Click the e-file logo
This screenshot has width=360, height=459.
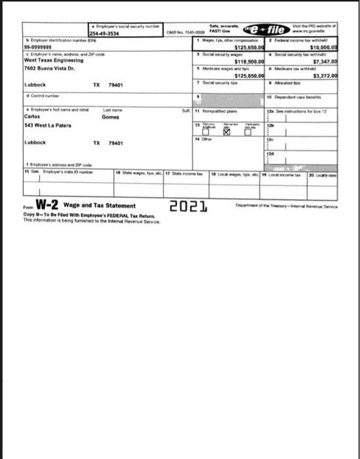point(266,30)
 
